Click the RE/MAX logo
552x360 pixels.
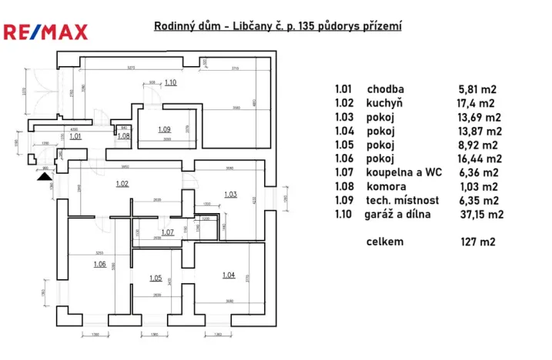tap(46, 32)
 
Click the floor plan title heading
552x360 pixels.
tap(278, 26)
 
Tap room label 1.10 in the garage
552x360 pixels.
tap(170, 82)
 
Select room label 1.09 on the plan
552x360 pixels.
tap(164, 129)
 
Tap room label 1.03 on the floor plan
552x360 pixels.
tap(229, 194)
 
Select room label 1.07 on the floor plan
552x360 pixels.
tap(167, 232)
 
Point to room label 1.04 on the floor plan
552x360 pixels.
tap(228, 275)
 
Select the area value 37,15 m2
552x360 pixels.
tap(481, 215)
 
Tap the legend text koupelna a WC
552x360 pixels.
tap(404, 172)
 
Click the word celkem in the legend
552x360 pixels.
tap(386, 242)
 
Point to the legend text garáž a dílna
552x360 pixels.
tap(399, 215)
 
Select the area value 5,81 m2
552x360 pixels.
tap(477, 88)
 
